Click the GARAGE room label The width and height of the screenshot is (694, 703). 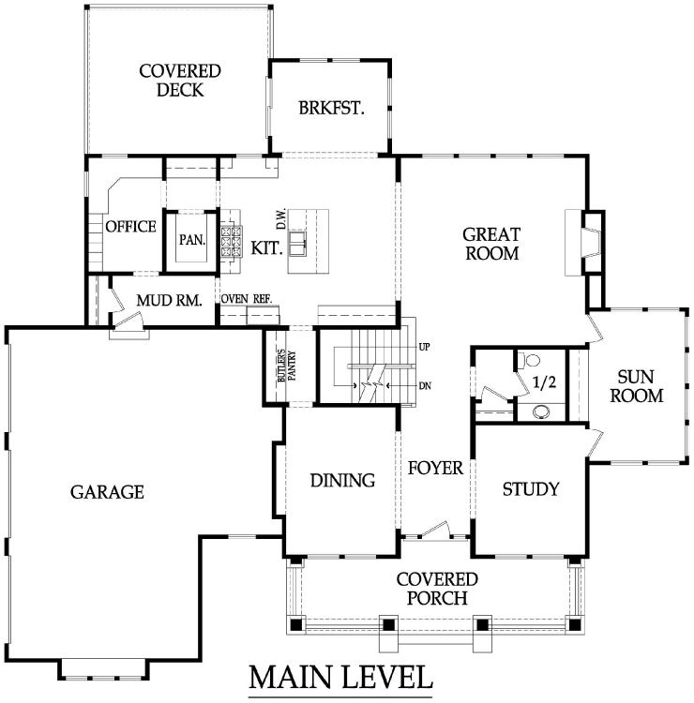click(107, 492)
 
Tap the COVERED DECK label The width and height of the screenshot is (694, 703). click(180, 81)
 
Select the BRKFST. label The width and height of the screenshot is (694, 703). click(331, 108)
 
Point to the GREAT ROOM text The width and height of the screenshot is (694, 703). click(491, 244)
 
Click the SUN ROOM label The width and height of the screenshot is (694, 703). click(636, 386)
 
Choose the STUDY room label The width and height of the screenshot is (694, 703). click(531, 488)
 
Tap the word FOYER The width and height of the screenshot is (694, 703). click(435, 468)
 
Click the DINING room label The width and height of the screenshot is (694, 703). click(342, 480)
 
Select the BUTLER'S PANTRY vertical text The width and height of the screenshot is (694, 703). click(287, 366)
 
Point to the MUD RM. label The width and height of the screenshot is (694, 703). click(169, 300)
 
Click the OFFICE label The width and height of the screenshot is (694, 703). click(130, 227)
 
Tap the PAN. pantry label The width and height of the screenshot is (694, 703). click(192, 240)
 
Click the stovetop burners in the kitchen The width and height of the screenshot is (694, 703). click(231, 242)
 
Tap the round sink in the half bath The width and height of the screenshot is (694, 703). click(542, 411)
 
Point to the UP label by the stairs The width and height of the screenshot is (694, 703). click(425, 347)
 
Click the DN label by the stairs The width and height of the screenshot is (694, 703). click(425, 385)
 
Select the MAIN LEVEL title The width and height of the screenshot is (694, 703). click(341, 677)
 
